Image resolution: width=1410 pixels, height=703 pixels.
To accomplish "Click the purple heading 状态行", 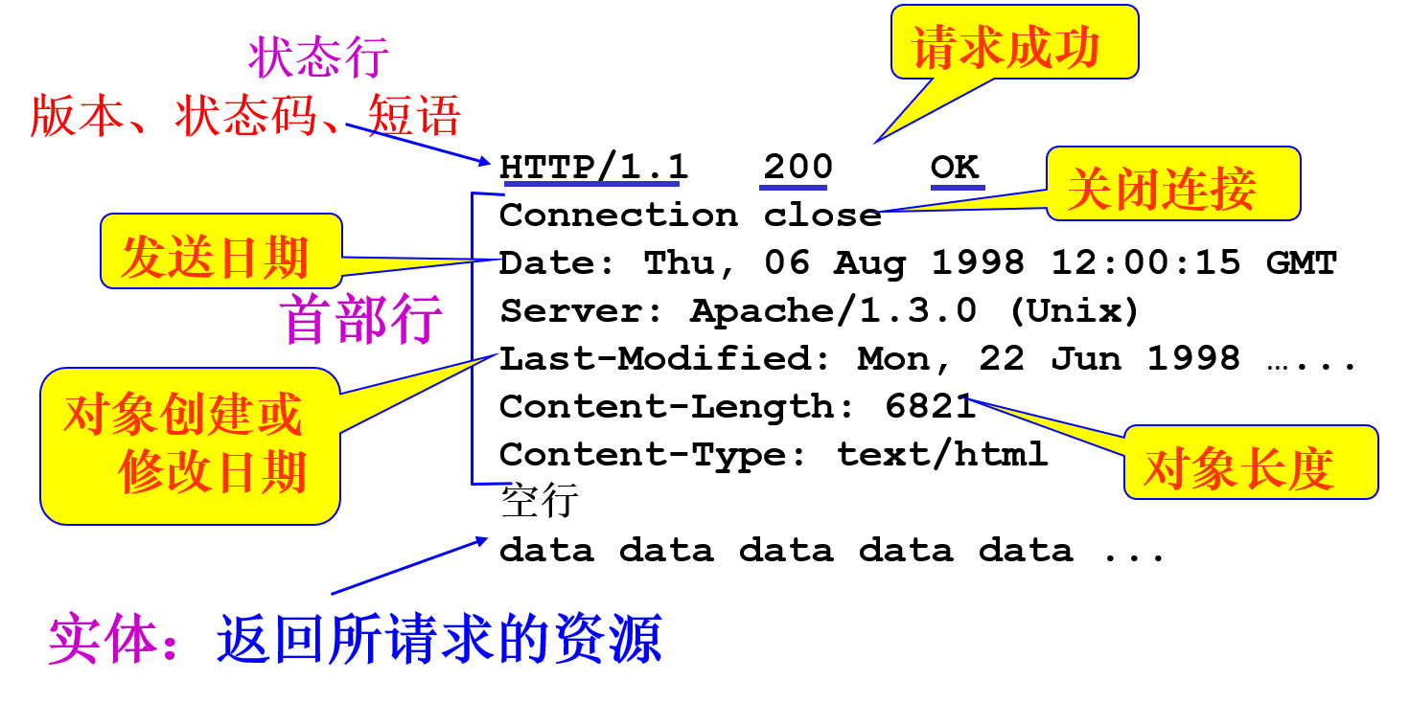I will tap(318, 58).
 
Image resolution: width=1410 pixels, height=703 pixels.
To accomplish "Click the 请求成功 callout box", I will tap(1014, 44).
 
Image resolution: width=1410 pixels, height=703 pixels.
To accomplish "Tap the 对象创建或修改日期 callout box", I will tap(190, 444).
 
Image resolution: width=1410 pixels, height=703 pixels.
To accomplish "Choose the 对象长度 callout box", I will tap(1250, 464).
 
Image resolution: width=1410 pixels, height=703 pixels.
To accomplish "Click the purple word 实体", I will tap(103, 640).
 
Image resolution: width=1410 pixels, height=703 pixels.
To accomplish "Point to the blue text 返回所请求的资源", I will tap(439, 640).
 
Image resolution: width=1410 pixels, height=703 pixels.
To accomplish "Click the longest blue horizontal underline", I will tap(591, 184).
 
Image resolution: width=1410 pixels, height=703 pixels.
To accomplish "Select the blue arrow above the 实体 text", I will tap(409, 566).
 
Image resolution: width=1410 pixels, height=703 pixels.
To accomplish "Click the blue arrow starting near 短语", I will tap(419, 144).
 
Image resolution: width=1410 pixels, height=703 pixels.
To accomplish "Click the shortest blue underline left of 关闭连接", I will tap(958, 188).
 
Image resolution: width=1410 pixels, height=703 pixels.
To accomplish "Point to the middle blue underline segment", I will tap(793, 188).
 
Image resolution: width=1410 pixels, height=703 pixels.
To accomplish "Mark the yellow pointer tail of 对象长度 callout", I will tap(1045, 421).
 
